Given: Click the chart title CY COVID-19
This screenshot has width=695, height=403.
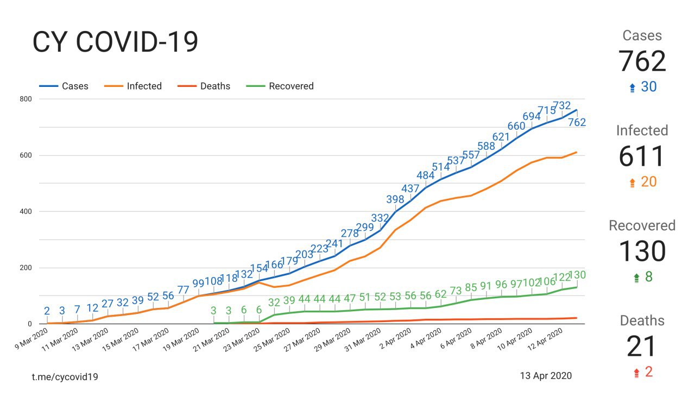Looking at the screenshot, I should point(115,42).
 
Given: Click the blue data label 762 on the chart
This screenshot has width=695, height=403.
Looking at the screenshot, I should point(576,123).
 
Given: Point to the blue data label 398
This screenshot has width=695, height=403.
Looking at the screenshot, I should point(395,199).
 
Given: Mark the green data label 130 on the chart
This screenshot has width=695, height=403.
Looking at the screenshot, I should point(576,275).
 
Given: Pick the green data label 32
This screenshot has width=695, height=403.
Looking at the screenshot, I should point(274,303).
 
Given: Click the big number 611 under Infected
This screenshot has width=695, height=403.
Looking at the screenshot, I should point(642,156).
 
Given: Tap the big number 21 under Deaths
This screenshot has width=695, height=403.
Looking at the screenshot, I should point(642,346).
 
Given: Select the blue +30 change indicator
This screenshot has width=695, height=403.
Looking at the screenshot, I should point(642,87).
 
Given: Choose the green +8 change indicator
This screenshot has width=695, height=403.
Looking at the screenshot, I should point(642,277).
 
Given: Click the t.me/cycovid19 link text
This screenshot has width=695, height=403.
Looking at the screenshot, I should point(65,376).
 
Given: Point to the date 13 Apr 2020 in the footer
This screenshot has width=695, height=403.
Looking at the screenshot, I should point(546,376).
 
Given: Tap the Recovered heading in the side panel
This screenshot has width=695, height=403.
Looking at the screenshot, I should point(642,225).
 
